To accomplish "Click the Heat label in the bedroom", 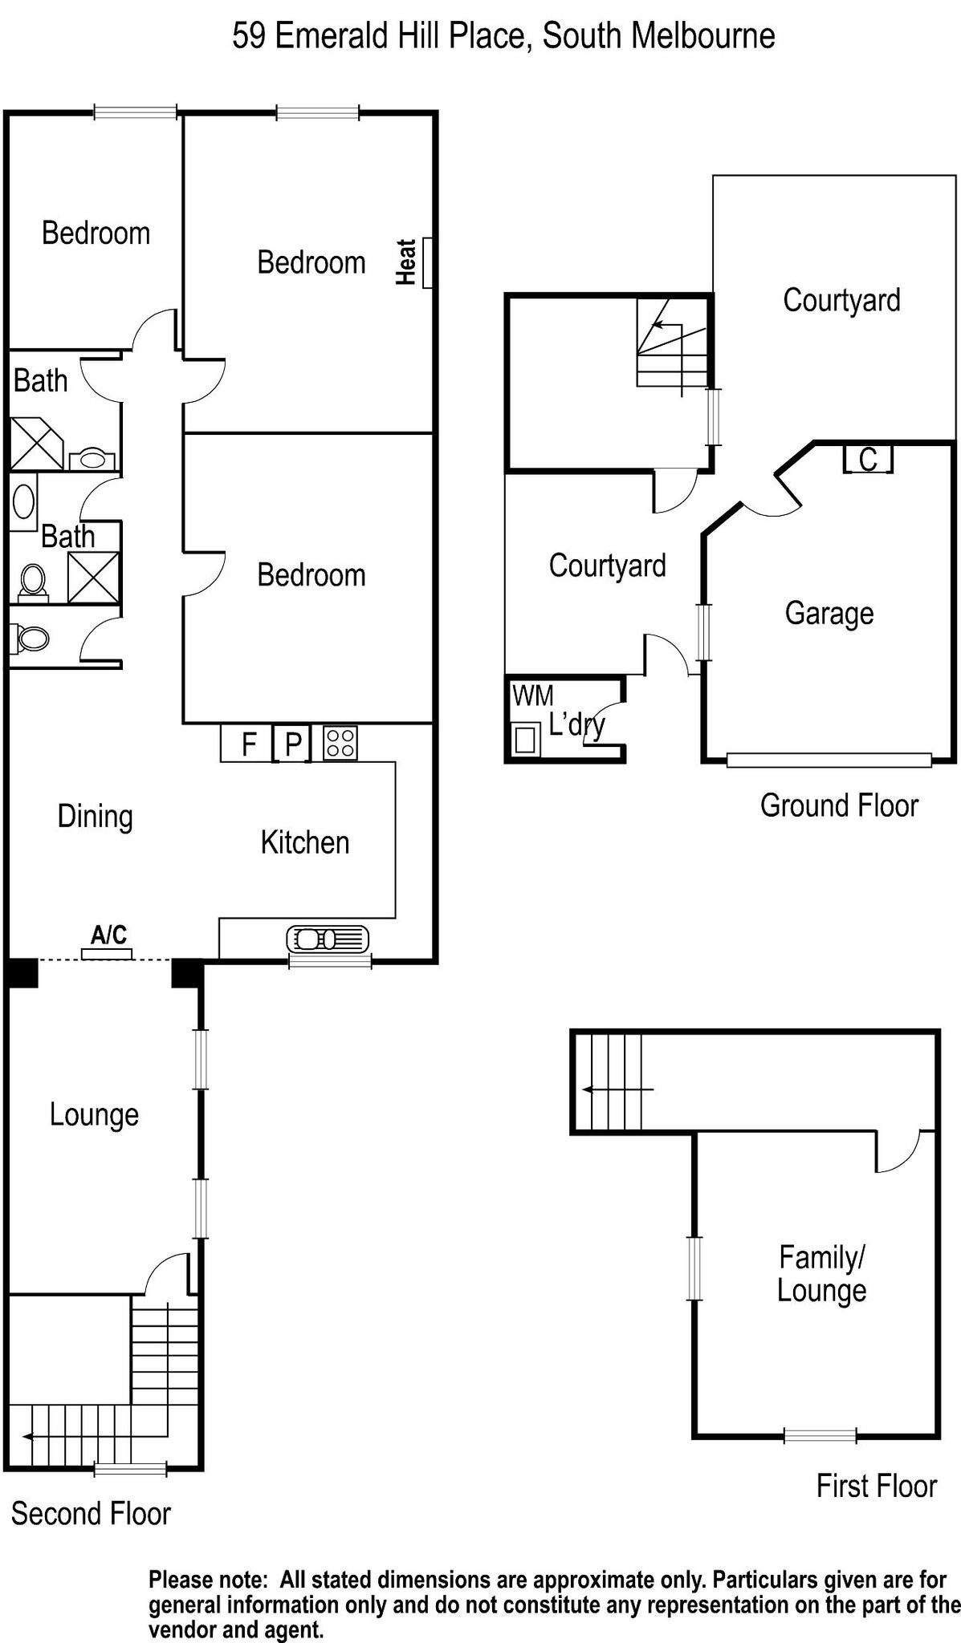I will [407, 262].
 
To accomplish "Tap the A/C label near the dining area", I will [108, 935].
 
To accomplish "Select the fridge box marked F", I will [248, 744].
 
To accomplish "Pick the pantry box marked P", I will [293, 744].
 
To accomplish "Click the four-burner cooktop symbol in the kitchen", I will [340, 742].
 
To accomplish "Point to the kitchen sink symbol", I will [328, 938].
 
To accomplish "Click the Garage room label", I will [829, 613].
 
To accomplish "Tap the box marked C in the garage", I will [868, 460].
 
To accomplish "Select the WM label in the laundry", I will [532, 695].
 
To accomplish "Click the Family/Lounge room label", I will [821, 1273].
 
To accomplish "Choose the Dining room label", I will [95, 816].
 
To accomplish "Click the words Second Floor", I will [91, 1514].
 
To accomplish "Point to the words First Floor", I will [876, 1486].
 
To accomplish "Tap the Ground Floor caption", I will [838, 805].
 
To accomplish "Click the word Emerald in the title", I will [328, 36].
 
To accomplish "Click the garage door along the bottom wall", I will [829, 760].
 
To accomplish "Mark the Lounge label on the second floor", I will [94, 1114].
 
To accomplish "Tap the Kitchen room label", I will [304, 842].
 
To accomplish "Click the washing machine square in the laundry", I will [524, 739].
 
